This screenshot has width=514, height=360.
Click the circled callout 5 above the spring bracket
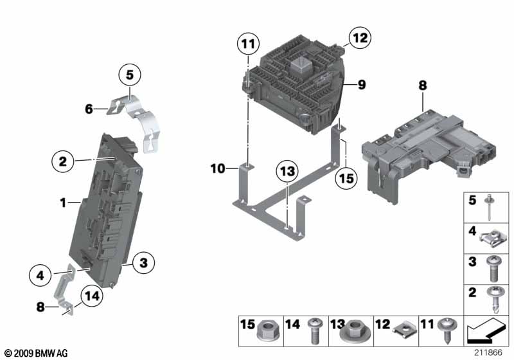[129, 75]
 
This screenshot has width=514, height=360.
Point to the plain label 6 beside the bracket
[89, 109]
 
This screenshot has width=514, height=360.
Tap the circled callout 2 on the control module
[63, 161]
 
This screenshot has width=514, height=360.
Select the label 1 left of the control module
[63, 203]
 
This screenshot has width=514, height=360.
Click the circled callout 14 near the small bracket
[93, 296]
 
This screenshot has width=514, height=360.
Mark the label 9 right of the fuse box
[362, 84]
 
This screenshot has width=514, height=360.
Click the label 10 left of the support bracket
[217, 168]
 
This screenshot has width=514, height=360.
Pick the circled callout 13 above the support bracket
[288, 172]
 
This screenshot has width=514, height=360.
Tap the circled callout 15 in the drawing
[347, 179]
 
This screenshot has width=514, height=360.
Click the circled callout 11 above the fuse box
[247, 44]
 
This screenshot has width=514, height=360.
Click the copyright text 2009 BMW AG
[35, 354]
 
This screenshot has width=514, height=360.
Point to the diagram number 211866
[489, 352]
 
